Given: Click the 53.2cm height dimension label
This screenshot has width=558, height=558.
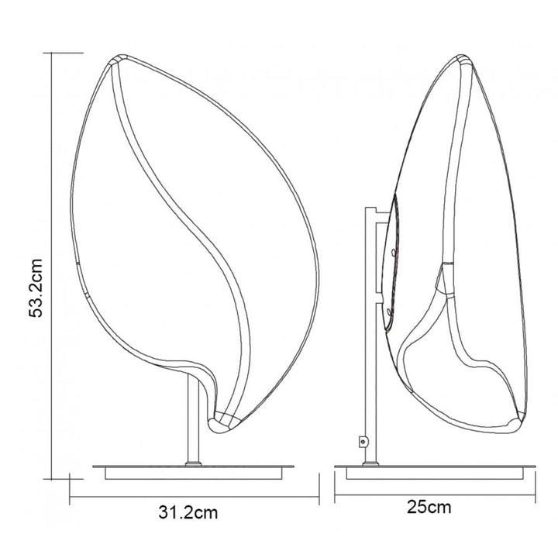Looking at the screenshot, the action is point(36,288).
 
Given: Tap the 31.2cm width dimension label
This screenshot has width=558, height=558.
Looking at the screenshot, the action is point(188,513).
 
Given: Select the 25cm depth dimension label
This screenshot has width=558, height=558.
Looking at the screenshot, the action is point(429,507).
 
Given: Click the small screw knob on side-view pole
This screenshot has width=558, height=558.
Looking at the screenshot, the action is point(363,442).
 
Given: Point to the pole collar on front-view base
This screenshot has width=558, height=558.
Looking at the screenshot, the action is point(193,463).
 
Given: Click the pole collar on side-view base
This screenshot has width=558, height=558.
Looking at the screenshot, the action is point(370,463).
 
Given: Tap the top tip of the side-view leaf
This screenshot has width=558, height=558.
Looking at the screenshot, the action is point(463,56).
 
